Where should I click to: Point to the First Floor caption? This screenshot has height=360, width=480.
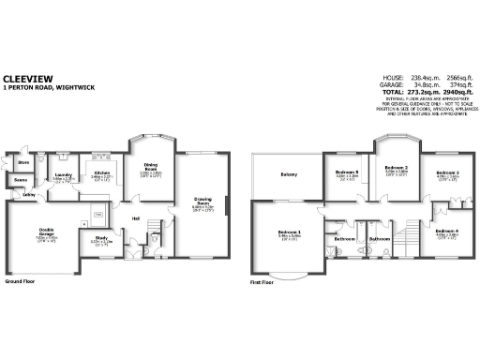coord(263,280)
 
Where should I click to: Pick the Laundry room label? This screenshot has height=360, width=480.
coord(64,175)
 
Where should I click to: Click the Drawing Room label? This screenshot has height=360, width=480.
coord(202,199)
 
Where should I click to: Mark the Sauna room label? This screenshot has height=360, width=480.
coord(20,179)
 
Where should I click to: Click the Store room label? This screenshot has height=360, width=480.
coord(23,162)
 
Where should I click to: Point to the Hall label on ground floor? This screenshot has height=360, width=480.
coord(136,218)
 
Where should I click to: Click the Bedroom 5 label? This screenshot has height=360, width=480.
coord(347,172)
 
